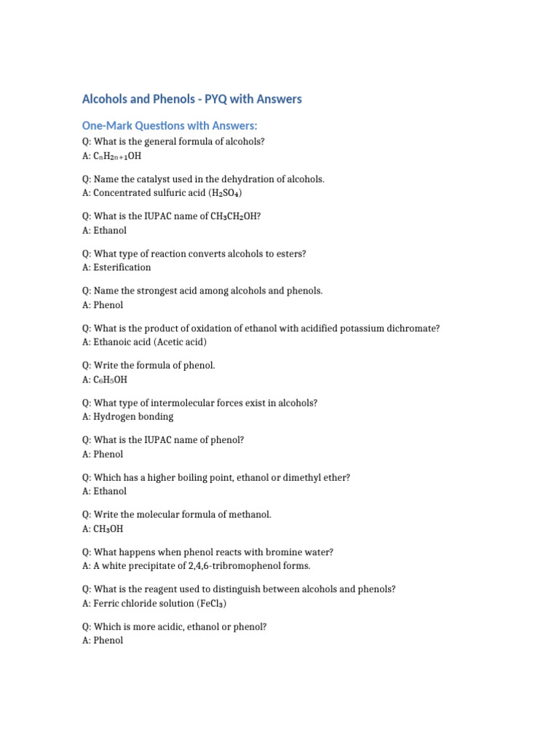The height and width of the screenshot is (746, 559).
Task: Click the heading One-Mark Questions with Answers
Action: point(170,126)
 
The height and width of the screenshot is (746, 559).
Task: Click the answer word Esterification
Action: point(122,267)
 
